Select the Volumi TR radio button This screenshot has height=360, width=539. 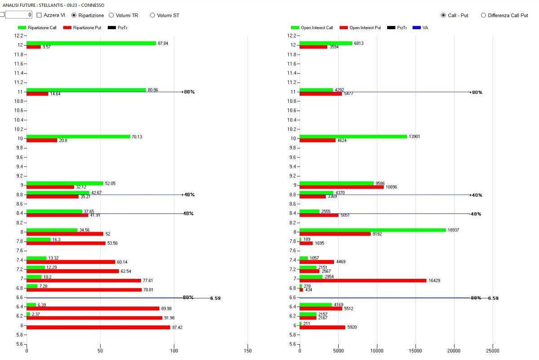111,15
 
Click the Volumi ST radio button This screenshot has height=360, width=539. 153,15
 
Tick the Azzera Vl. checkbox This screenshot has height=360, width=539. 39,15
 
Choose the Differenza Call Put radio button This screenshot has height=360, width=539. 483,15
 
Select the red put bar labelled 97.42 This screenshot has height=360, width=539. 98,327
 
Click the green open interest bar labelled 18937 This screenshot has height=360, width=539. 372,230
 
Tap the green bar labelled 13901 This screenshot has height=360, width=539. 353,136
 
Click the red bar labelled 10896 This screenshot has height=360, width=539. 341,187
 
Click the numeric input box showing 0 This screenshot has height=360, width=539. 18,15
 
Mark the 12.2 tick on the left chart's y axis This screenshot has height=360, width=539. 18,35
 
